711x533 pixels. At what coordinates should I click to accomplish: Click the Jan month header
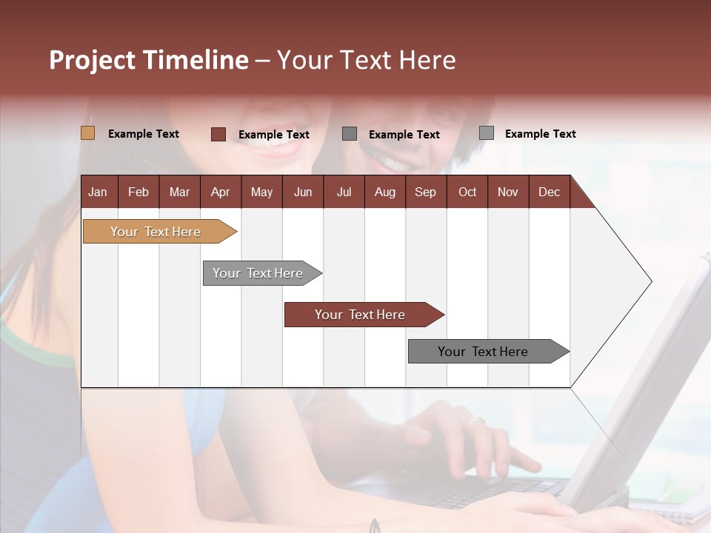click(98, 192)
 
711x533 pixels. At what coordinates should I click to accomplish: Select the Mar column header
click(179, 192)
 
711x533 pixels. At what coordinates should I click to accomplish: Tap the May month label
click(261, 192)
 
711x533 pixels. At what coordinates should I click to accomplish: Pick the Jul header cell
click(344, 192)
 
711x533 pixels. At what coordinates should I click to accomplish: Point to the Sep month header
click(425, 192)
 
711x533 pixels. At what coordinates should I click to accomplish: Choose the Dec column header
click(549, 192)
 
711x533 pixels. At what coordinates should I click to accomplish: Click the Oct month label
click(467, 192)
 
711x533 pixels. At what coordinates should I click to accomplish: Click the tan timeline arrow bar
click(156, 232)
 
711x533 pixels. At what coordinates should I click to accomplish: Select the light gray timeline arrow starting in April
click(258, 273)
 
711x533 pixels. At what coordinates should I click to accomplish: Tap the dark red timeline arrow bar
click(360, 315)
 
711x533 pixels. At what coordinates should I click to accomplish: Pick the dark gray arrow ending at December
click(483, 352)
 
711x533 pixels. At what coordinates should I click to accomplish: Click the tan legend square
click(87, 133)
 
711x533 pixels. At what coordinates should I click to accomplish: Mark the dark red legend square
click(218, 134)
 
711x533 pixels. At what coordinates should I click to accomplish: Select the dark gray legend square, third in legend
click(350, 133)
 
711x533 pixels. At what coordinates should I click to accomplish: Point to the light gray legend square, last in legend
click(486, 133)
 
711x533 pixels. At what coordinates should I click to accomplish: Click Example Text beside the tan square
click(144, 134)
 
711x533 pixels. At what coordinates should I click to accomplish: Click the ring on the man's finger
click(475, 420)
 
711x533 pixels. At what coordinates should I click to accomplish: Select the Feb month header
click(138, 192)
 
